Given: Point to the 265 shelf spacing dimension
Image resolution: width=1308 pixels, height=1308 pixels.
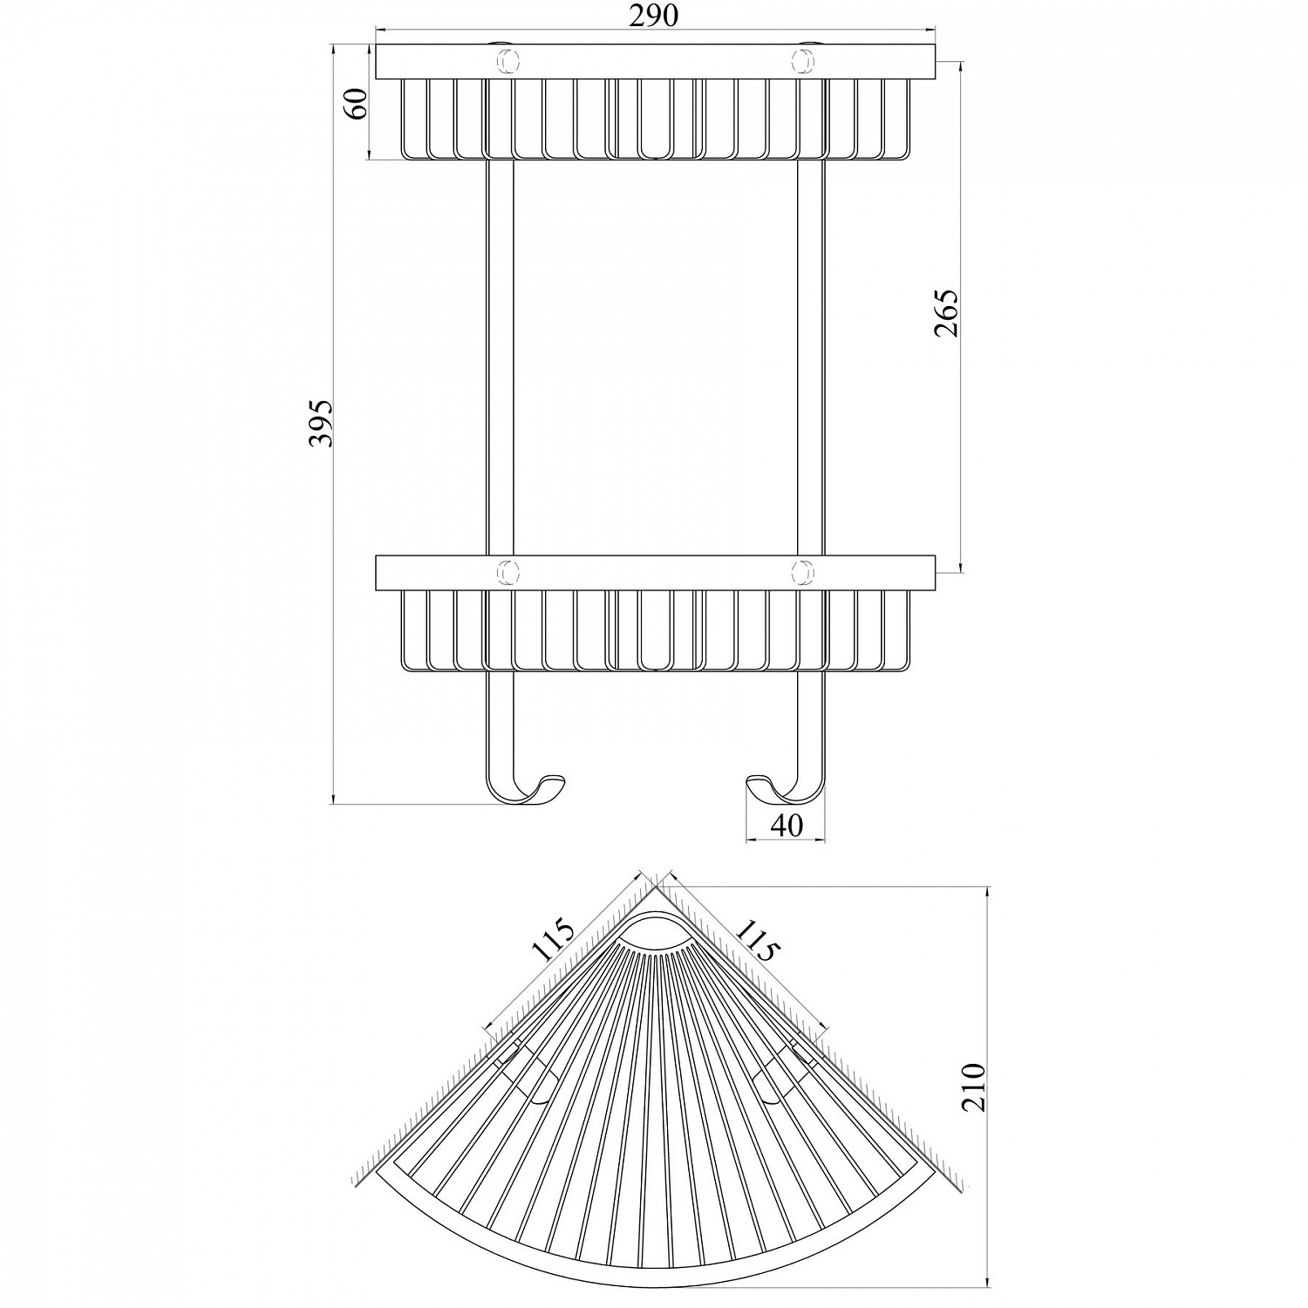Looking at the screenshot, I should [x=947, y=312].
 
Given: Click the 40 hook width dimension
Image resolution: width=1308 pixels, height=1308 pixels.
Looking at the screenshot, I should [x=787, y=825].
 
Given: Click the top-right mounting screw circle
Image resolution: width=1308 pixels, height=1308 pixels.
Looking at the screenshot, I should [x=801, y=62].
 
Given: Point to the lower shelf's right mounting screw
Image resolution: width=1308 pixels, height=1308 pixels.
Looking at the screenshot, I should [x=801, y=572].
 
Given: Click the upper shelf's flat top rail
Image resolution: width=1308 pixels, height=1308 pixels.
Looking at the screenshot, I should [x=654, y=62].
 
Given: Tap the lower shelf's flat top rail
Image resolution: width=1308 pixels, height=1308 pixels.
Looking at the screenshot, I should [x=654, y=572].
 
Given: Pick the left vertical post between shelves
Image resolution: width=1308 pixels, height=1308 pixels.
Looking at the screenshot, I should [x=499, y=358].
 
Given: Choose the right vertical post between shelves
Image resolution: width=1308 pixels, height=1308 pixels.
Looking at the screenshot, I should [x=810, y=358].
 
